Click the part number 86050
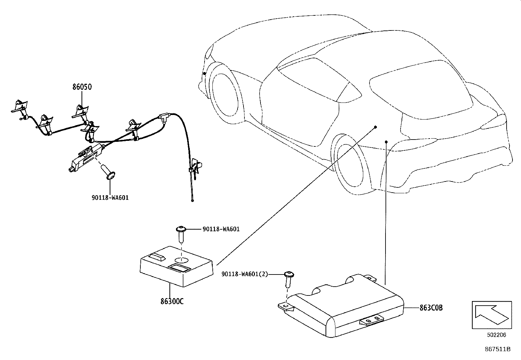pyautogui.click(x=82, y=87)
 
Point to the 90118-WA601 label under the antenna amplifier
pyautogui.click(x=110, y=198)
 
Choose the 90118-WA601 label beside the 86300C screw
pyautogui.click(x=221, y=229)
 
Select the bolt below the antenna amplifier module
pyautogui.click(x=108, y=173)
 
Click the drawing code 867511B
pyautogui.click(x=497, y=349)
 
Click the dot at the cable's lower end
pyautogui.click(x=192, y=200)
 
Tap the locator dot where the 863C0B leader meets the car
pyautogui.click(x=386, y=142)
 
